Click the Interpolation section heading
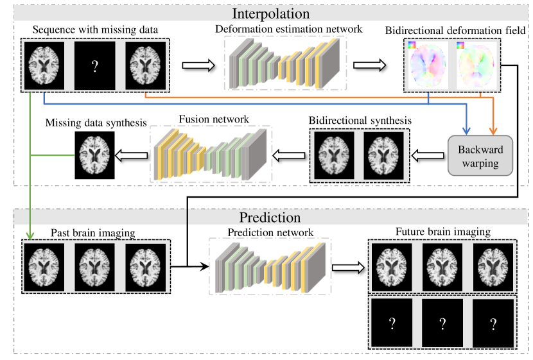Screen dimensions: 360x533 [x=272, y=13]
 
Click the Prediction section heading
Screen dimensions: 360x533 [x=270, y=218]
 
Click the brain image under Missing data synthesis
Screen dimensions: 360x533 [x=95, y=155]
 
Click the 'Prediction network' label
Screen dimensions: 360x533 [x=270, y=232]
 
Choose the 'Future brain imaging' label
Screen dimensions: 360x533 [x=442, y=232]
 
